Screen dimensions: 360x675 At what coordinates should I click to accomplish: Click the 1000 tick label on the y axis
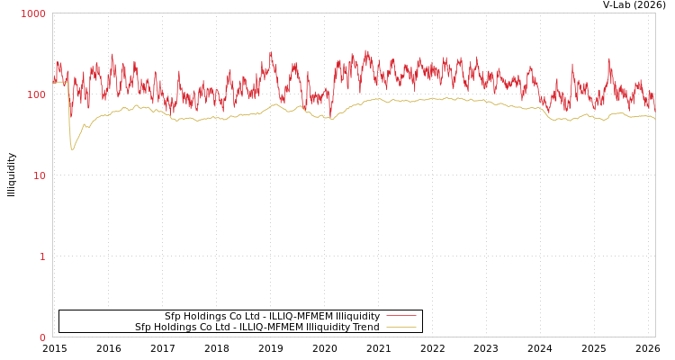33,13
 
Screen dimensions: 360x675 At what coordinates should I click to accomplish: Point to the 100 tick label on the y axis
35,94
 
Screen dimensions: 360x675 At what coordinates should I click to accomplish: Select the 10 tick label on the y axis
40,175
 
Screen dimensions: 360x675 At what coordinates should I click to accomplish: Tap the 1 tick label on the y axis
42,256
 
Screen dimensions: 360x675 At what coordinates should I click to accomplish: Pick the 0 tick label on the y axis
42,337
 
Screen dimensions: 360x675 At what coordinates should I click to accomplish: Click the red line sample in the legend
401,316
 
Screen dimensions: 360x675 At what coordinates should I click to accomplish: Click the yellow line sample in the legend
401,327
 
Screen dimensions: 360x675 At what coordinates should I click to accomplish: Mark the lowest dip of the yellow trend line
72,148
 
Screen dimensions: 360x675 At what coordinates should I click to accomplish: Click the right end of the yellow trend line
654,119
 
